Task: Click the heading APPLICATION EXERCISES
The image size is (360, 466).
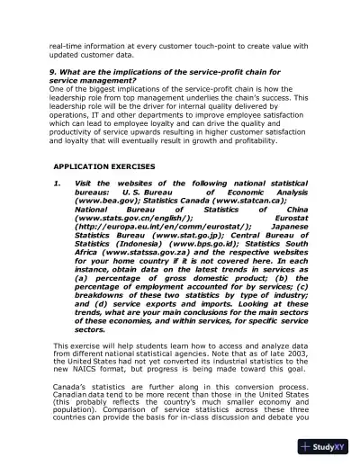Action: (103, 167)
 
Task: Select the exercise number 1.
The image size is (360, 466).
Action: (57, 184)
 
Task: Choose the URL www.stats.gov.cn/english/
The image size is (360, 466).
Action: (134, 217)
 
